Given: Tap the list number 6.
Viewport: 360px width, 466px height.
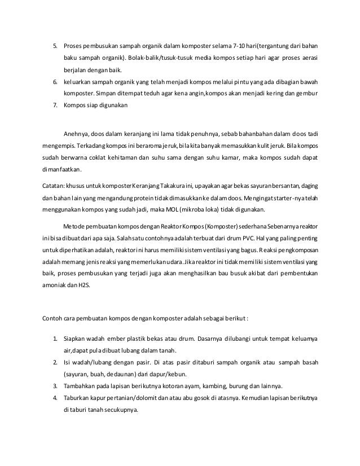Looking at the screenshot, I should click(x=55, y=82).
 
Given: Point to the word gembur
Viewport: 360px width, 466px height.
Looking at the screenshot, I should click(x=308, y=94).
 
